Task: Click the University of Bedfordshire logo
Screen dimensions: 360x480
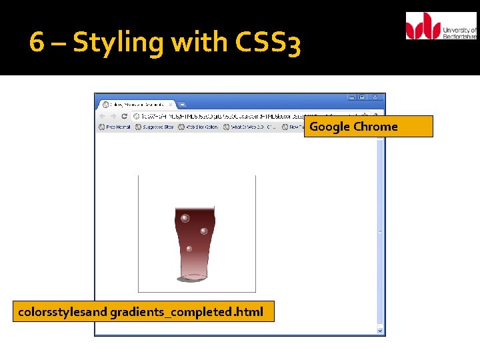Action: (441, 26)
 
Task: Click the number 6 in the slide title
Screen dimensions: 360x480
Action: (37, 43)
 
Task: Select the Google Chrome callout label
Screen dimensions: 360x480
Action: (368, 126)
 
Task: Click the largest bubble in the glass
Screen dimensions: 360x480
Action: (185, 219)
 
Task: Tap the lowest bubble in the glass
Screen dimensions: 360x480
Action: (189, 249)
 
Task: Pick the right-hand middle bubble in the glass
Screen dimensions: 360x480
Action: (204, 231)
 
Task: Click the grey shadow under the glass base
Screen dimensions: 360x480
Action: (192, 279)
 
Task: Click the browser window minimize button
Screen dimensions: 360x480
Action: (353, 97)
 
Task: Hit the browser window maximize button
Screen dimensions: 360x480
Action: (363, 97)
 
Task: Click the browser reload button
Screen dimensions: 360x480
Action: (125, 115)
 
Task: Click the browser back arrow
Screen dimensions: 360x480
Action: (103, 115)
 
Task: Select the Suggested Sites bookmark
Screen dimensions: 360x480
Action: (157, 127)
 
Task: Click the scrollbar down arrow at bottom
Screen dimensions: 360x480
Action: (381, 330)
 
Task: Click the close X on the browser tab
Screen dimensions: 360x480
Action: (171, 105)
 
